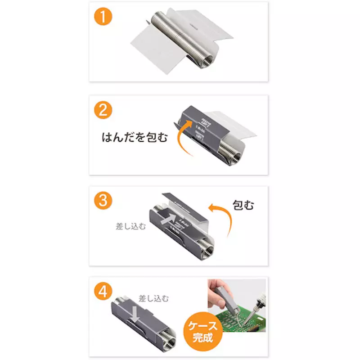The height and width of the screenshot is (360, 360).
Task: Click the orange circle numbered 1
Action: click(103, 17)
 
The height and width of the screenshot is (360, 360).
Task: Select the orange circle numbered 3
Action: click(103, 201)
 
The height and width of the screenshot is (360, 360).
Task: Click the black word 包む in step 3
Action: click(243, 205)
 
